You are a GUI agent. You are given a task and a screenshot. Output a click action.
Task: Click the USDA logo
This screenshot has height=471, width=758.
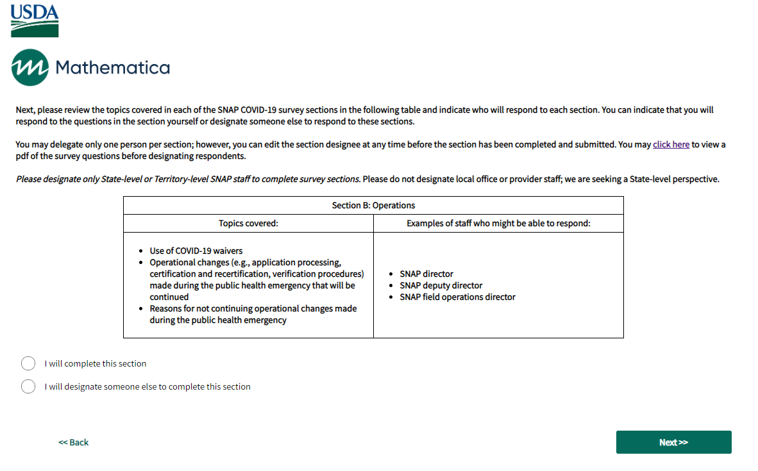[x=35, y=21]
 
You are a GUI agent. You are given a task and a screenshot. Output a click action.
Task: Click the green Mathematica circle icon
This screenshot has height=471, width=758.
[x=29, y=67]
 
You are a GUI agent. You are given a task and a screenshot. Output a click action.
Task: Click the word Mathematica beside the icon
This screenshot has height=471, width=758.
[x=113, y=67]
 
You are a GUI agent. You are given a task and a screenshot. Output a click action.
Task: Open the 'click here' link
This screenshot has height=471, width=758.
[x=671, y=145]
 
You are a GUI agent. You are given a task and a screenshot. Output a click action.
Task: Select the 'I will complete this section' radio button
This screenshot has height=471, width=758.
[x=28, y=363]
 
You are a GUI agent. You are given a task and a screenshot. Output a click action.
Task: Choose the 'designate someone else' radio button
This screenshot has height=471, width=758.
[x=28, y=386]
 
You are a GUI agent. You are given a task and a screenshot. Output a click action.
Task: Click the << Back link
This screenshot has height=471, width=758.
[x=74, y=442]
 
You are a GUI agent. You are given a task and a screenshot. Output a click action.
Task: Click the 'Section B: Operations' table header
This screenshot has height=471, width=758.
[x=373, y=206]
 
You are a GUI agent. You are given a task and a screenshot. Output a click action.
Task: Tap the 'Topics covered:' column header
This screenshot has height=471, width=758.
[x=248, y=223]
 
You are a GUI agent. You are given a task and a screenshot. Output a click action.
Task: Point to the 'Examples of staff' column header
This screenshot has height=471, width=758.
[x=498, y=223]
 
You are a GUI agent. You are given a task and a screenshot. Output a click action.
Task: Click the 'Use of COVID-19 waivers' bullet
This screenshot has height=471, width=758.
[x=196, y=251]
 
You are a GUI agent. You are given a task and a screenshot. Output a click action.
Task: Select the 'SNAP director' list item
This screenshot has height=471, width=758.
[x=426, y=274]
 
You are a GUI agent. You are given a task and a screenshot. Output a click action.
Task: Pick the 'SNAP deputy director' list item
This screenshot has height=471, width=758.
[x=441, y=285]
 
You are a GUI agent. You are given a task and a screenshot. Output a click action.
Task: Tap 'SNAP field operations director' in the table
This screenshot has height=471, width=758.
[x=457, y=297]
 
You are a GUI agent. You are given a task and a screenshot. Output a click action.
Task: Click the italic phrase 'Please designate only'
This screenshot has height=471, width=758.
[x=58, y=179]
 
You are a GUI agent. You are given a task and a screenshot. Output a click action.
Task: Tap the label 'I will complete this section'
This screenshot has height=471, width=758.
[x=96, y=363]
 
